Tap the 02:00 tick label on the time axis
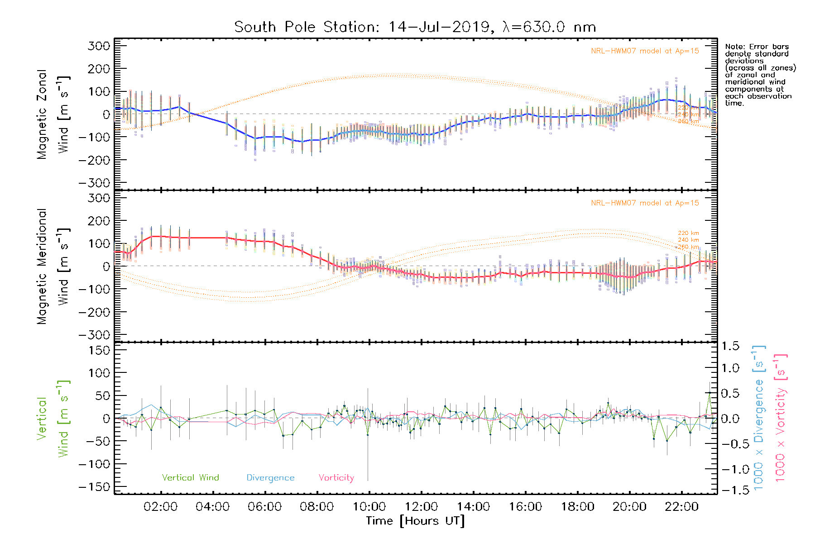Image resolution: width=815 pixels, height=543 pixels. tap(160, 507)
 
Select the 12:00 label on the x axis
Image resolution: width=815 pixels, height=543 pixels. tap(421, 507)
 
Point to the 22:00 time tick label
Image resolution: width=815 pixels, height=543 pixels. tap(681, 507)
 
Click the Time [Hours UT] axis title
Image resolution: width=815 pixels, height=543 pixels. tap(415, 521)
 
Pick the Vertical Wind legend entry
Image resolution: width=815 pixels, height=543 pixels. tap(190, 478)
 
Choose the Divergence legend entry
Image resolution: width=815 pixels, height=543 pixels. tap(270, 478)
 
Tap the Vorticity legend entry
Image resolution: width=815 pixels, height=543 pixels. tap(336, 478)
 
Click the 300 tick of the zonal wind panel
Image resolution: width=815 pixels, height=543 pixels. tap(99, 46)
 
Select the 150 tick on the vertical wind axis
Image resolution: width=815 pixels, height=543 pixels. tap(99, 350)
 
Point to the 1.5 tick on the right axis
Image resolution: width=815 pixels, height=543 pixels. tap(730, 346)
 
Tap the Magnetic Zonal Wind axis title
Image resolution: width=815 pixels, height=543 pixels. tap(53, 114)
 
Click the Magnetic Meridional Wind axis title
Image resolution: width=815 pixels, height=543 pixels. tap(53, 266)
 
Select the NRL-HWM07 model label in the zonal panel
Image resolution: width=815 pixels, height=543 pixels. tap(644, 51)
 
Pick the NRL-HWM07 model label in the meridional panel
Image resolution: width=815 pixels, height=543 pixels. tap(644, 203)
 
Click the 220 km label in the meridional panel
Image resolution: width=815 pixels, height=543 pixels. tap(688, 233)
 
